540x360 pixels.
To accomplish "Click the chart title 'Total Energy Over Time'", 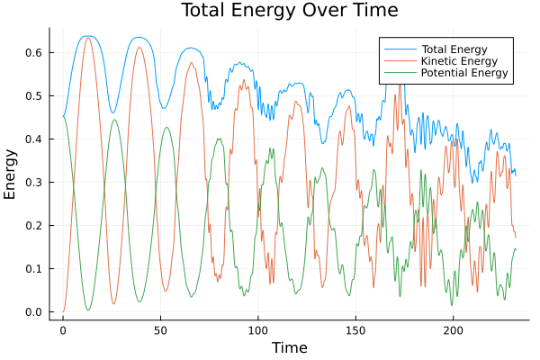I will click(276, 11).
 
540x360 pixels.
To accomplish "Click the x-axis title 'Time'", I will click(290, 347).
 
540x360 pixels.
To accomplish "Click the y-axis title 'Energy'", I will click(11, 175).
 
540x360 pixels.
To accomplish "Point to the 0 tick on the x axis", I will click(63, 330).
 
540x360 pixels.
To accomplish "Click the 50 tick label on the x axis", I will click(160, 330).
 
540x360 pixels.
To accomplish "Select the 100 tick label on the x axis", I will click(258, 330).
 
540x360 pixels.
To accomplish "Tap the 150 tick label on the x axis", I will click(355, 330).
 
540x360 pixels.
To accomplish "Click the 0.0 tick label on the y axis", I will click(34, 312).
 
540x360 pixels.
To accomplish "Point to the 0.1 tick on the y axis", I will click(34, 269).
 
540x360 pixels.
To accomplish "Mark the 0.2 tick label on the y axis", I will click(34, 226).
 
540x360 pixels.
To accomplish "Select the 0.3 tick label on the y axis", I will click(34, 183).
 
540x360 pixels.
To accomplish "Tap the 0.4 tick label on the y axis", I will click(34, 139).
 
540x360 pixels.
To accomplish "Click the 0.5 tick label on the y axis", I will click(34, 96).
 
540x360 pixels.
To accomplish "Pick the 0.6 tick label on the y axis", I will click(34, 53).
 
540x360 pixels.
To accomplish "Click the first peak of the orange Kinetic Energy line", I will click(88, 38).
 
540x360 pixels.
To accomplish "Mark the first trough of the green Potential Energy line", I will click(88, 310).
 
